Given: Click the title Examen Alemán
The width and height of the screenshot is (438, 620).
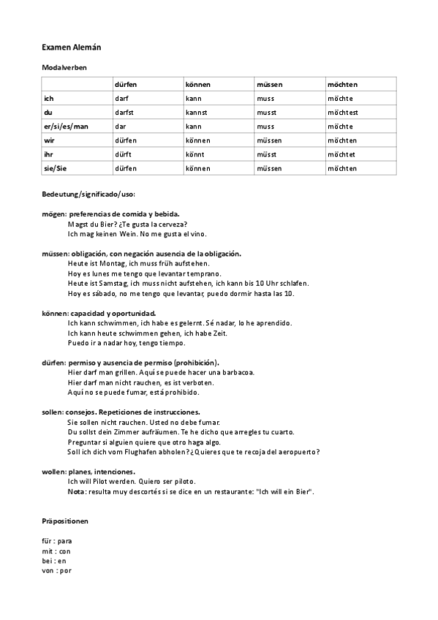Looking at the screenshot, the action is tap(71, 47).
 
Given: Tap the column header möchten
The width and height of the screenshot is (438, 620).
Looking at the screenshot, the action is tap(343, 85).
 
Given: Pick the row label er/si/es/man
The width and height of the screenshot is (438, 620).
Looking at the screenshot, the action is tap(66, 126).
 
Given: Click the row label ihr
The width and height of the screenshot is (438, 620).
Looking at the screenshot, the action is tap(48, 154).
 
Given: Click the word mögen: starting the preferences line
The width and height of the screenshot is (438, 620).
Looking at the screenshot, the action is tap(55, 213).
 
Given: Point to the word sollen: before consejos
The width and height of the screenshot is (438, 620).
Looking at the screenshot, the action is tap(54, 412).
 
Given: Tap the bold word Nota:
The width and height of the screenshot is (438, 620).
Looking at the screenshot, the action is tap(76, 491).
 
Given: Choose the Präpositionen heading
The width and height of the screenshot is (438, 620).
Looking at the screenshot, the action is tap(66, 521).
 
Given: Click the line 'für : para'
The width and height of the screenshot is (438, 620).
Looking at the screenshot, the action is tap(57, 541).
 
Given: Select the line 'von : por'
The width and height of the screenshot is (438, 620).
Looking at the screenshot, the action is tap(57, 570).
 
